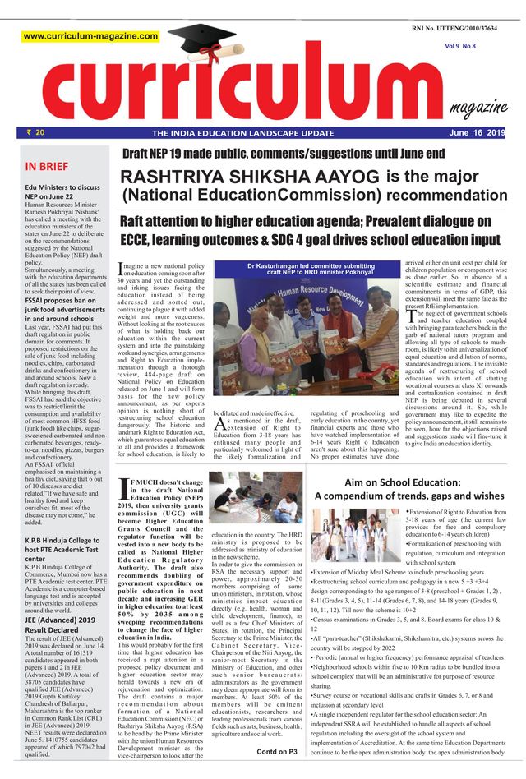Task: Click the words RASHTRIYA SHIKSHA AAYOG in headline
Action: pos(250,177)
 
